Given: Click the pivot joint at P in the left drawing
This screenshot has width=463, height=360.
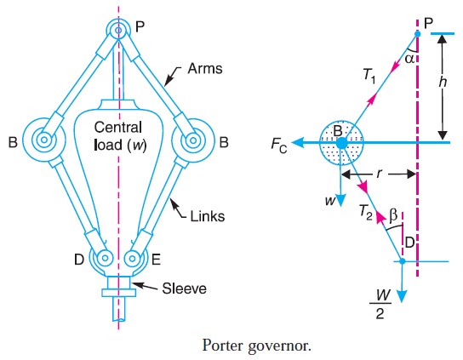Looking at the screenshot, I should (117, 30).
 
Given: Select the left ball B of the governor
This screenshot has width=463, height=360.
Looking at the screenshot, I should (39, 138).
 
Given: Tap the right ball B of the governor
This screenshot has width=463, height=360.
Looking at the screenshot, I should (195, 138).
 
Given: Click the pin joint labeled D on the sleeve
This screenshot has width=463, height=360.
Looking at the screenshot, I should (103, 257).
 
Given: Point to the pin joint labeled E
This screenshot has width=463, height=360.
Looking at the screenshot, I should (132, 257).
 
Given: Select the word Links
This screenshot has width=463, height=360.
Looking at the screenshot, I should (208, 217).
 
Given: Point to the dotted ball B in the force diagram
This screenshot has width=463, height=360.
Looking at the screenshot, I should (340, 143).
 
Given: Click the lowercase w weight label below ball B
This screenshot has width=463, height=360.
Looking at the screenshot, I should (327, 203).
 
